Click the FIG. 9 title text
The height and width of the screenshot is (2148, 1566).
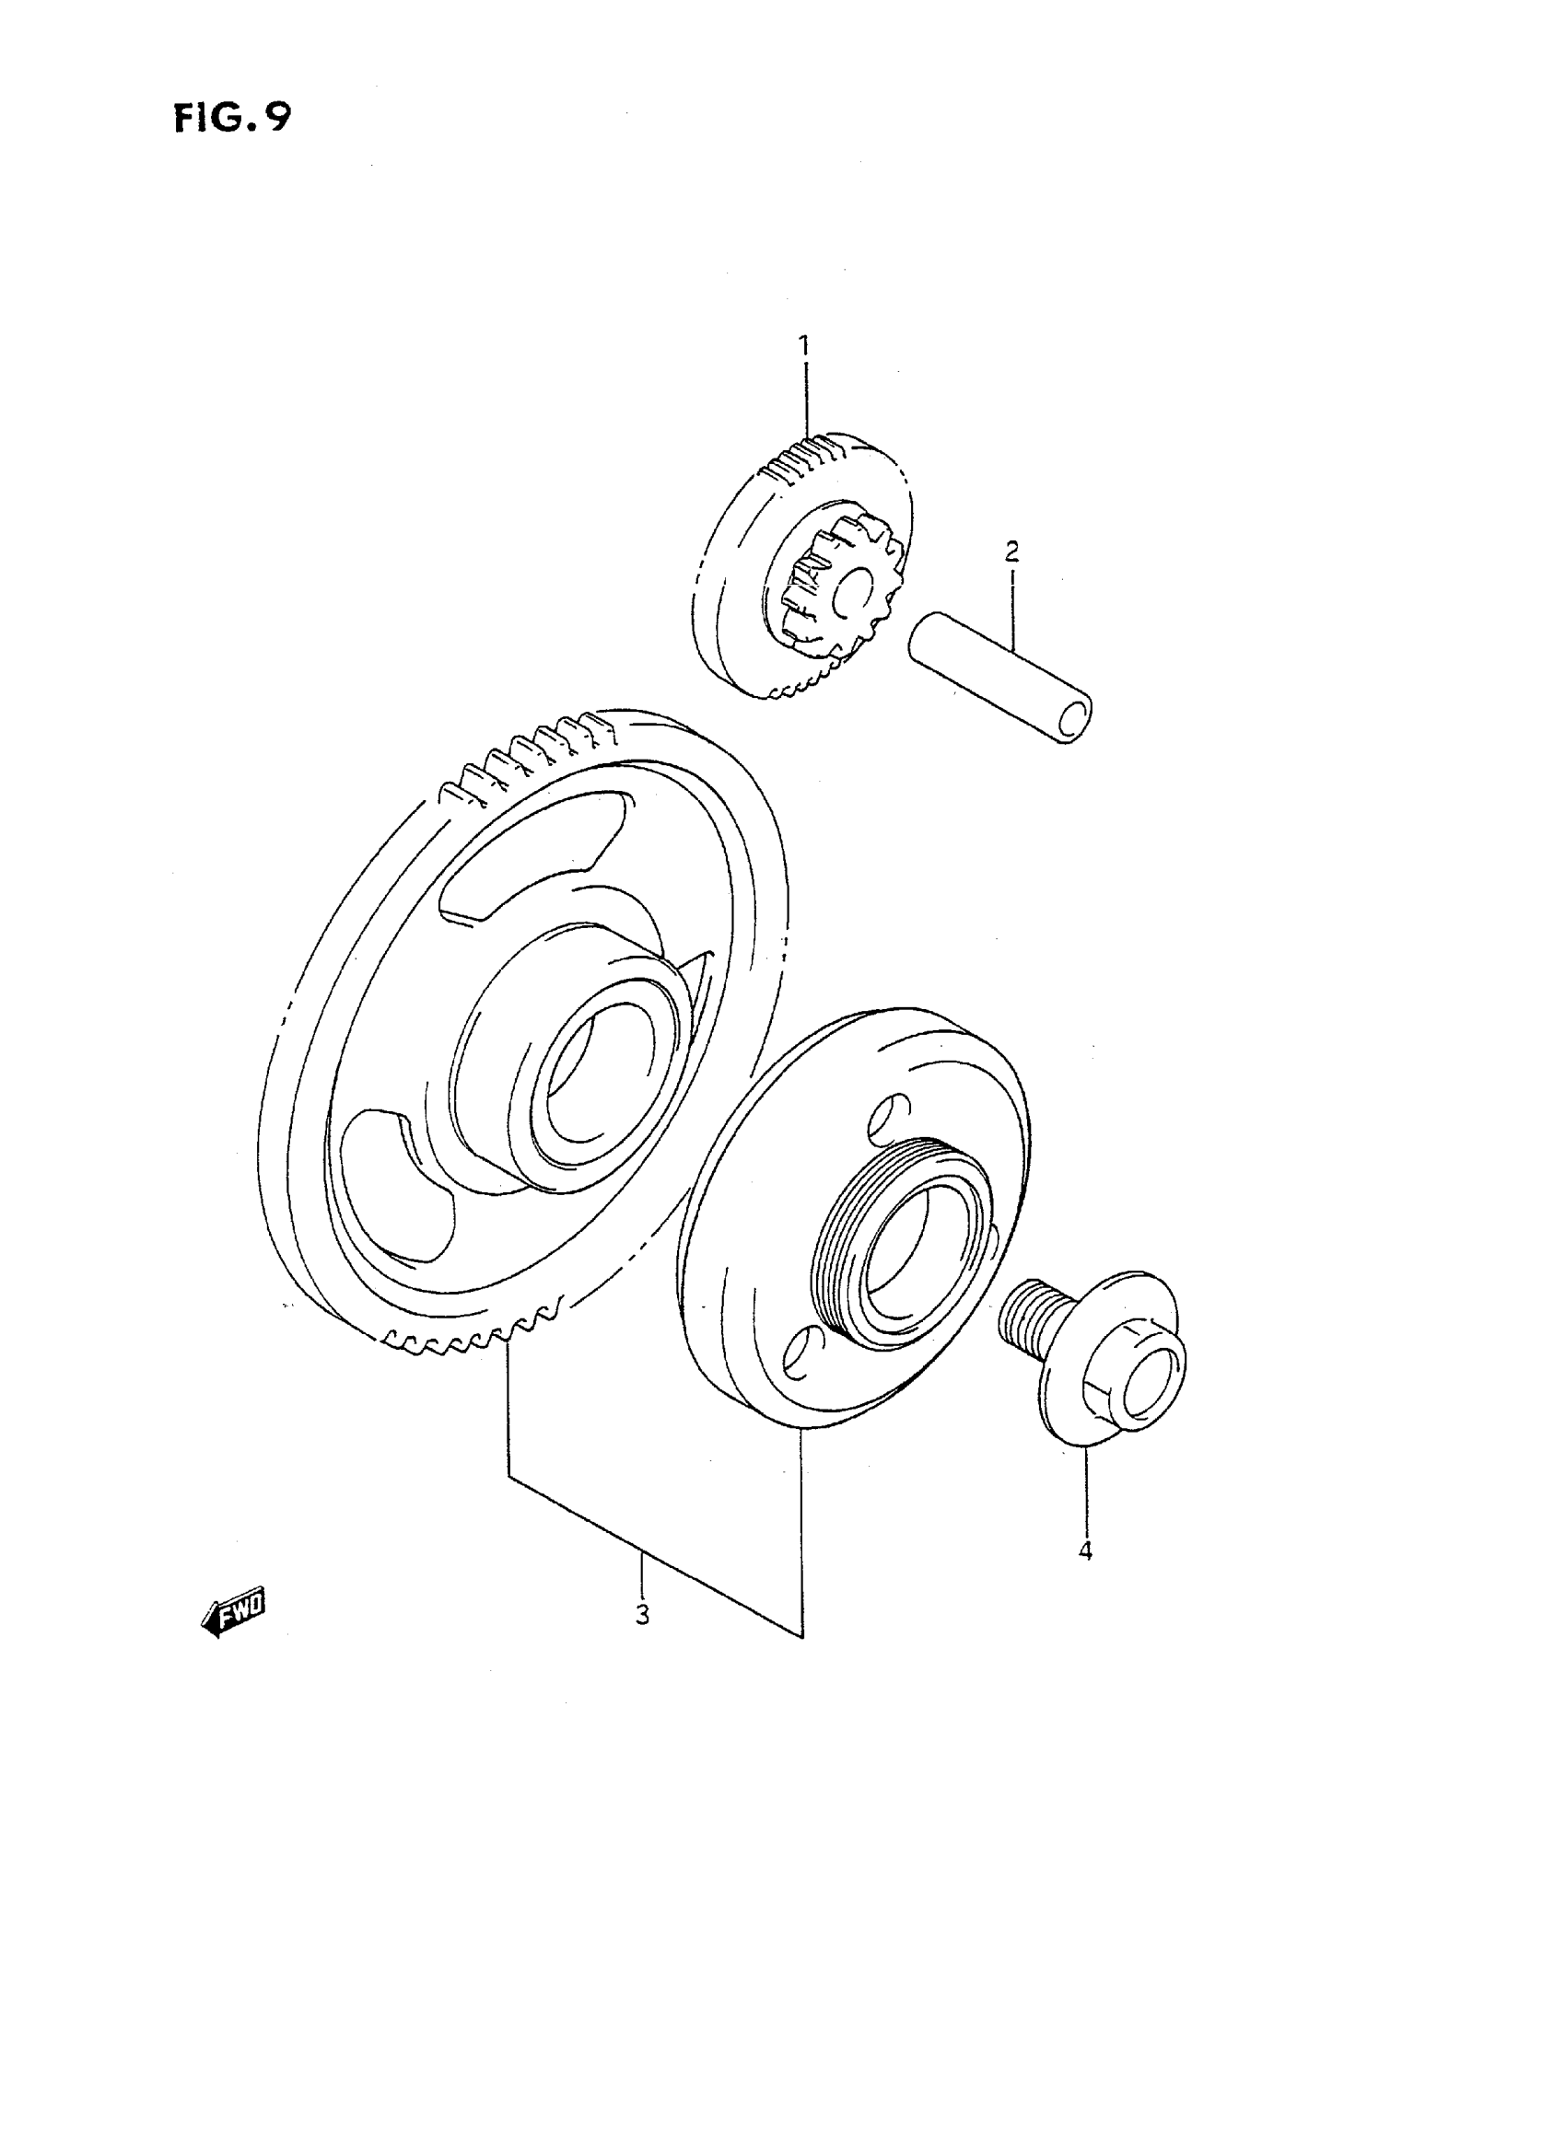click(232, 119)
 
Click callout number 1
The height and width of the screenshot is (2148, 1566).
click(804, 347)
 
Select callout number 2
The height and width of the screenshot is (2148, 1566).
click(1011, 551)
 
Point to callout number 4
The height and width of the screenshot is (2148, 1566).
click(1085, 1551)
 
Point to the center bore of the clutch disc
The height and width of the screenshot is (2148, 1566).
click(915, 1250)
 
